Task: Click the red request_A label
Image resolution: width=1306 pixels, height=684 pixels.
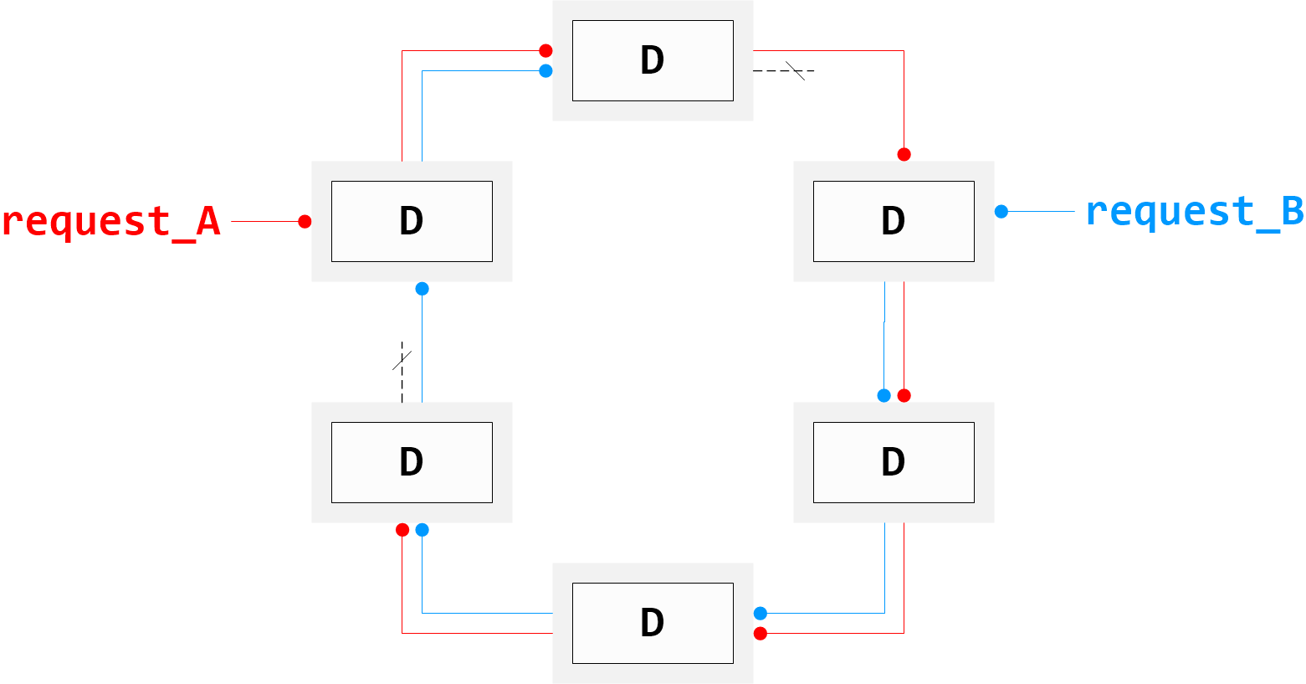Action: point(110,222)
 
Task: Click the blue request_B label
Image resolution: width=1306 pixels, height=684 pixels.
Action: point(1194,212)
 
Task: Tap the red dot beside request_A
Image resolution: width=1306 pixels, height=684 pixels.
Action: point(305,222)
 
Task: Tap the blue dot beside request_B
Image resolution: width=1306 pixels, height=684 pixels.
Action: point(1001,212)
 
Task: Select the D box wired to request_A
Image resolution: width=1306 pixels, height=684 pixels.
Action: point(412,221)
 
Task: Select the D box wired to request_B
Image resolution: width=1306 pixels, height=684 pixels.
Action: point(894,221)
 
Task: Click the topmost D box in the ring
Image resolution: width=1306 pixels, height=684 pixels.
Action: point(653,60)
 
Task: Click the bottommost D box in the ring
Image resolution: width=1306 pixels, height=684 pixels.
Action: point(653,623)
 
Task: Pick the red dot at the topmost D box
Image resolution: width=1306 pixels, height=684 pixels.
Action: point(545,51)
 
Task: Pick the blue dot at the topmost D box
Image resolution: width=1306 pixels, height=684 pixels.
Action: point(545,71)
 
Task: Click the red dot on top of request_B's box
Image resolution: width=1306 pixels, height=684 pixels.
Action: point(904,154)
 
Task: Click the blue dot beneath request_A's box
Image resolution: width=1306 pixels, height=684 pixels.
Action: point(422,289)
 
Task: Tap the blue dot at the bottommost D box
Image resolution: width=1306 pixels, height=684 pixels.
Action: point(760,614)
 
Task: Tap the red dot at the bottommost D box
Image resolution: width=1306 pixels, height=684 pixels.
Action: point(760,634)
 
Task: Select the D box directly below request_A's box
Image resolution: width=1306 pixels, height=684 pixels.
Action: point(412,462)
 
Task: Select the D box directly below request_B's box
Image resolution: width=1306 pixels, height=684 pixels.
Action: point(894,462)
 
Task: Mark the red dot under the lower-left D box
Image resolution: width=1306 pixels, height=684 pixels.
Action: point(402,530)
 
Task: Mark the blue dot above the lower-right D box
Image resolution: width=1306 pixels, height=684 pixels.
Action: point(883,395)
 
